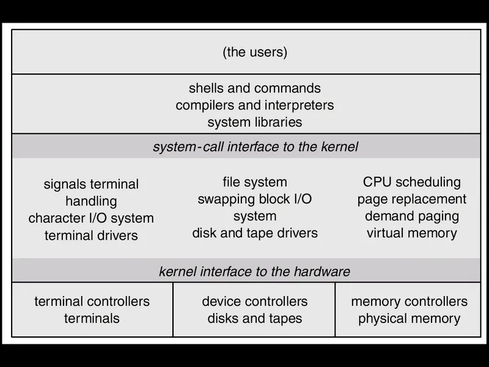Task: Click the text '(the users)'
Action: click(255, 52)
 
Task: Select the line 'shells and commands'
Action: click(255, 88)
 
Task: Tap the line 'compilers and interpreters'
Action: click(255, 105)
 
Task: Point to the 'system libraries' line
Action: click(255, 122)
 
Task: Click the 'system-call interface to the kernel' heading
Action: click(256, 147)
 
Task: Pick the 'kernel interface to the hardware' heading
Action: click(254, 272)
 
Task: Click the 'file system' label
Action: click(255, 182)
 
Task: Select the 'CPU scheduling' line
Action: click(411, 182)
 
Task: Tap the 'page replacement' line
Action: click(411, 199)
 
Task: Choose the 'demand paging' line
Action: click(411, 217)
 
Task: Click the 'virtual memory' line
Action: click(411, 233)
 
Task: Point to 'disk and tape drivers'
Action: click(255, 233)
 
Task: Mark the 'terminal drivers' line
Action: click(91, 235)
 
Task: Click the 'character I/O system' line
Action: click(91, 218)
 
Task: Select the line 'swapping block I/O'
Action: click(255, 199)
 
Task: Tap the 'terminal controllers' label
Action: click(92, 302)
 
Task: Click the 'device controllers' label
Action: click(255, 302)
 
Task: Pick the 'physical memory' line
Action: click(409, 319)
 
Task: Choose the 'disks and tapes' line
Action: click(255, 319)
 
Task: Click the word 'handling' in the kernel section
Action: click(91, 202)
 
